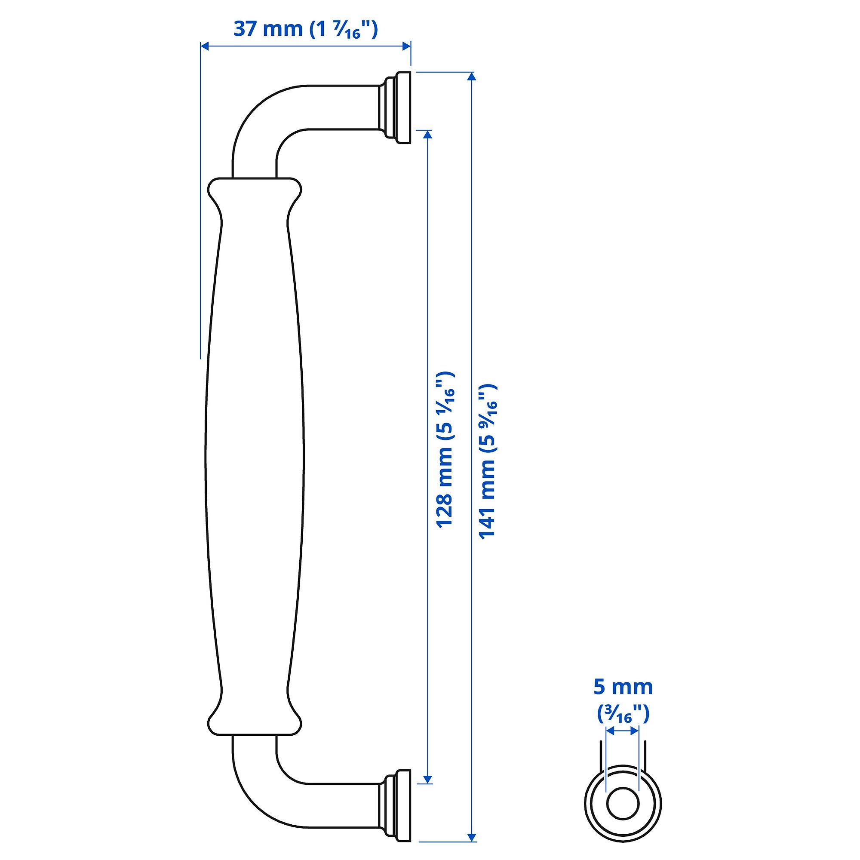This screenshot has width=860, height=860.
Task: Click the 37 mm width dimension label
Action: click(x=305, y=29)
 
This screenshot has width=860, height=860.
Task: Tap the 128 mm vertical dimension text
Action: click(x=444, y=450)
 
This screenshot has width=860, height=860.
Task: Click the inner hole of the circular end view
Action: click(x=623, y=805)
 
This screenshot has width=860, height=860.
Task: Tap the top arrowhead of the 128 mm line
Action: click(x=427, y=135)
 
